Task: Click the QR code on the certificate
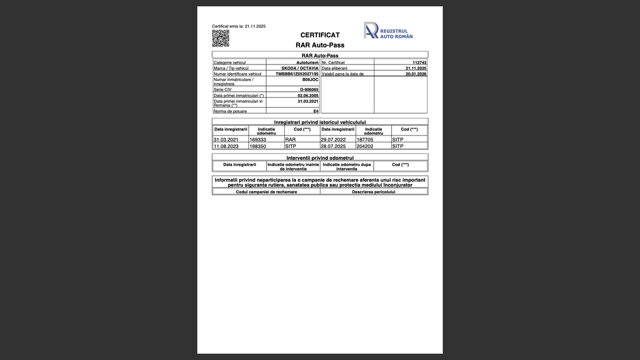[221, 38]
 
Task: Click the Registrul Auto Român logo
[388, 30]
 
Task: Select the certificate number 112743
[419, 63]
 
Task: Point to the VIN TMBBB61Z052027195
[297, 74]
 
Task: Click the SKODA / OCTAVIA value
[300, 68]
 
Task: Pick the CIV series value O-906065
[309, 90]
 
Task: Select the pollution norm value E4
[316, 111]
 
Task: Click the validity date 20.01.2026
[416, 74]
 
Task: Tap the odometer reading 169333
[258, 140]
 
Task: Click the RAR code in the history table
[291, 140]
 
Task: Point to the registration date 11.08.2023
[226, 146]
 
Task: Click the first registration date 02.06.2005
[308, 95]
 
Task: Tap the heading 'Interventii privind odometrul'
[320, 157]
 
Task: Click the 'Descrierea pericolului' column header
[373, 192]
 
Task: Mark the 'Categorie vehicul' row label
[230, 63]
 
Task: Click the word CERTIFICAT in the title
[320, 35]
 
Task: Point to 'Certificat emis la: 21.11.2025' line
[239, 26]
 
